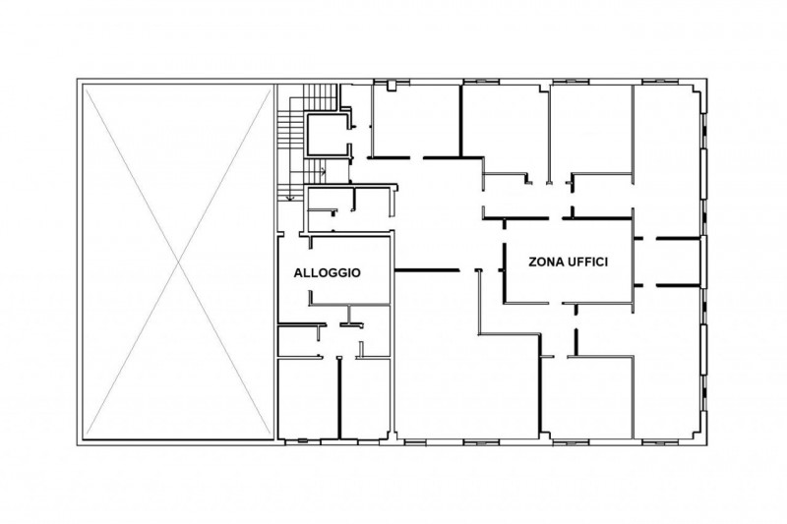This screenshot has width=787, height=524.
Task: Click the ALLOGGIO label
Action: coord(327,272)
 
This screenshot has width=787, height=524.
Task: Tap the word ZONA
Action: coord(546,262)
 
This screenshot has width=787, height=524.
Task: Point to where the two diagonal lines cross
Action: coord(178,262)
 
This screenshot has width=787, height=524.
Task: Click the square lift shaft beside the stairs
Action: coord(328,136)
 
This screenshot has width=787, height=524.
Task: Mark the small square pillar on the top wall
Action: coord(392,87)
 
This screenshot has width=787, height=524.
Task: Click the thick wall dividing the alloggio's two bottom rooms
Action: coord(339,398)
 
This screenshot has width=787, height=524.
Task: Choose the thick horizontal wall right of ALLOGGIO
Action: coord(427,270)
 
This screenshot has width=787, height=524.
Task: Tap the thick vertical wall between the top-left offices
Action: coord(460,120)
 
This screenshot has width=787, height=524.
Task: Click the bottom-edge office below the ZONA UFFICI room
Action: coord(587,396)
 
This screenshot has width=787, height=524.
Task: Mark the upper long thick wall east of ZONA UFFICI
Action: coord(678,239)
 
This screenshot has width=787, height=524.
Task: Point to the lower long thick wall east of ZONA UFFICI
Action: coord(678,285)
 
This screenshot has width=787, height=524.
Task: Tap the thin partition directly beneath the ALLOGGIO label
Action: coord(350,304)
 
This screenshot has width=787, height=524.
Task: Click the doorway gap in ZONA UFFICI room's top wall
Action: coord(555,218)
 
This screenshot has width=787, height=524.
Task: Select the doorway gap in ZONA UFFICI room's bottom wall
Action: coord(555,303)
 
